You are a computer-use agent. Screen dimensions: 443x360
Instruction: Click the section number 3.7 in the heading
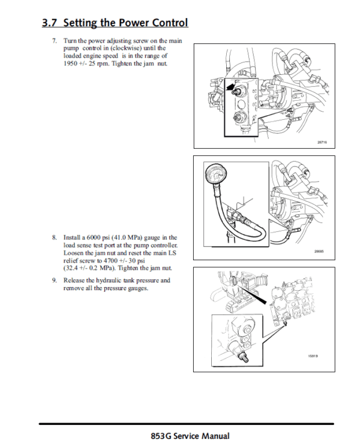(x=50, y=23)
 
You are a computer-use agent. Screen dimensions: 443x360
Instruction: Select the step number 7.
(x=54, y=40)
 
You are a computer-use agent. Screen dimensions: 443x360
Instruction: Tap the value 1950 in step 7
(x=73, y=62)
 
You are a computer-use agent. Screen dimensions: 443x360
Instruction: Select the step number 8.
(x=54, y=237)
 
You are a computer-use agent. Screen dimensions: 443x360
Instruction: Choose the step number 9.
(x=54, y=280)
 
